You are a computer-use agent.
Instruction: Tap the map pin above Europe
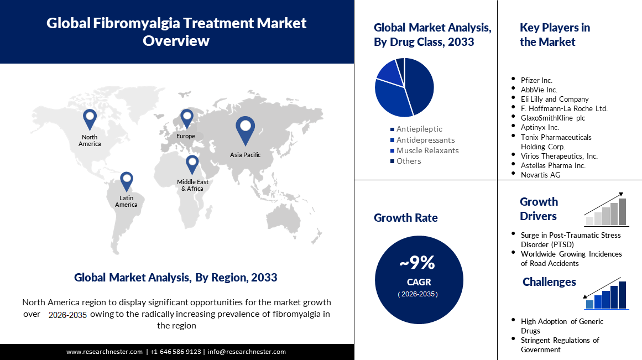point(186,118)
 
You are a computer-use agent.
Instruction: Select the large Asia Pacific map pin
point(245,129)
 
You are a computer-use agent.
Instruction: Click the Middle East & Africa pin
point(192,163)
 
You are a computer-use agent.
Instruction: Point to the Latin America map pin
point(127,180)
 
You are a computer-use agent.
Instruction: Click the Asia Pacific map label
point(245,155)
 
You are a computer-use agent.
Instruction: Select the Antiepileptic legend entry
point(419,129)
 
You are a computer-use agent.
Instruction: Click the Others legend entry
point(409,161)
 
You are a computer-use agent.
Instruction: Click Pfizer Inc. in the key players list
point(536,80)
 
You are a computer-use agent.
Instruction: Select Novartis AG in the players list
point(540,175)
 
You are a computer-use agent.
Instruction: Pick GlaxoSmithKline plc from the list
point(552,118)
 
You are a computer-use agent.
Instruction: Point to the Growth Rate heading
point(405,218)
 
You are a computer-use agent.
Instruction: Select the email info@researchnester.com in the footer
point(247,352)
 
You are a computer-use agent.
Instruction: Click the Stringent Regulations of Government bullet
point(560,345)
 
